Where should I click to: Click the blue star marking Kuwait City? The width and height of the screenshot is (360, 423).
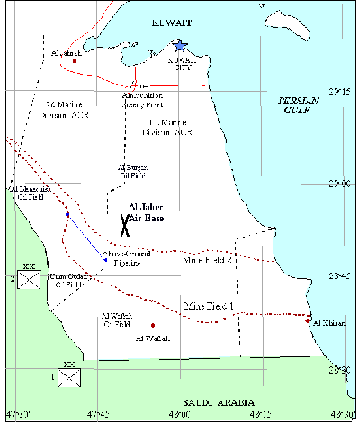pyautogui.click(x=180, y=46)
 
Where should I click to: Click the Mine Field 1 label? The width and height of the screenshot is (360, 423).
pyautogui.click(x=208, y=307)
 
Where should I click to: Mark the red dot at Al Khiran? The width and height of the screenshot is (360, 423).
pyautogui.click(x=308, y=321)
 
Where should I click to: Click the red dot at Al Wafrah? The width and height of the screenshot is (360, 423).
pyautogui.click(x=153, y=325)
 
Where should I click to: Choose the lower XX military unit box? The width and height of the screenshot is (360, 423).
pyautogui.click(x=67, y=376)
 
